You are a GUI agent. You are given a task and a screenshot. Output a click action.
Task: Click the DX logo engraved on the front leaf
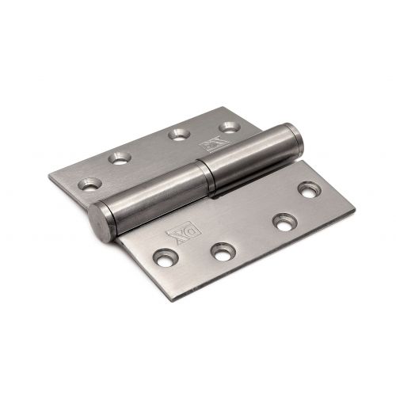click(x=184, y=230)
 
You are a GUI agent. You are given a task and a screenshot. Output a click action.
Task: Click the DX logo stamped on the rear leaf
click(x=215, y=145)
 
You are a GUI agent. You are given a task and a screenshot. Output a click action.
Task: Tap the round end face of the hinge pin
click(x=99, y=222)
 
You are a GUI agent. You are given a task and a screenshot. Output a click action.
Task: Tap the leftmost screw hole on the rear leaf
click(x=90, y=184)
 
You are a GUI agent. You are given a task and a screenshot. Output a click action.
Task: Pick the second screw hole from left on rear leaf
click(x=120, y=158)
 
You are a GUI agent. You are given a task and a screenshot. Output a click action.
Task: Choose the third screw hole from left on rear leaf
click(x=180, y=134)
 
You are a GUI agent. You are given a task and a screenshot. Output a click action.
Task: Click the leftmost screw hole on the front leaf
click(x=166, y=257)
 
